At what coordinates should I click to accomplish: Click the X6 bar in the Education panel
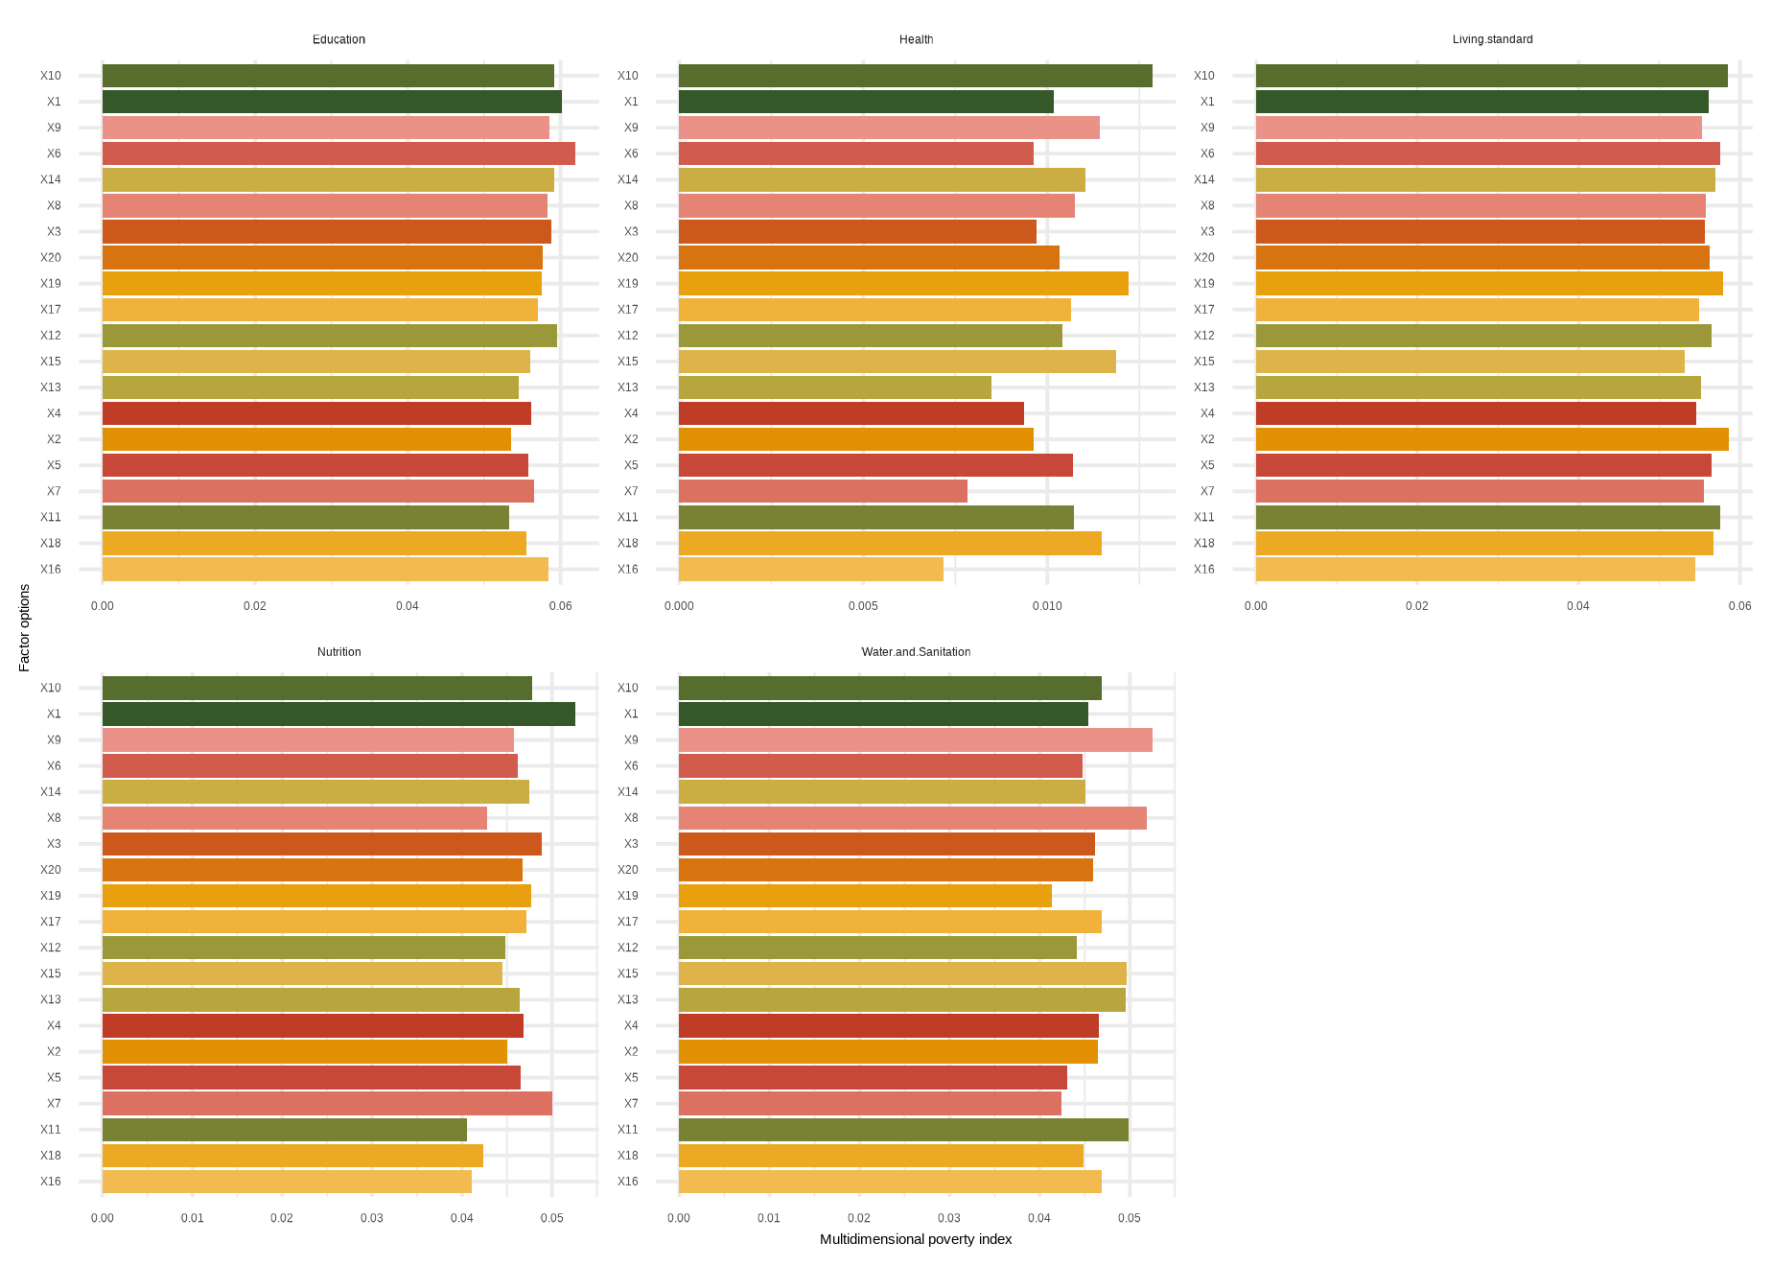(x=338, y=153)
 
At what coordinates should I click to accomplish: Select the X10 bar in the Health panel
(x=915, y=76)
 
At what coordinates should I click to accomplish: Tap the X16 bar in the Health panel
(x=810, y=570)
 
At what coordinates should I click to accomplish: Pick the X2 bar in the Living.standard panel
(x=1491, y=439)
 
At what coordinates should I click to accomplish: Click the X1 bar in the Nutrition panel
(x=338, y=715)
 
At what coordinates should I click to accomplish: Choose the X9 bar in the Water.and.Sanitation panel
(x=915, y=740)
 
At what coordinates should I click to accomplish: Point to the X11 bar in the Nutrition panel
(x=284, y=1130)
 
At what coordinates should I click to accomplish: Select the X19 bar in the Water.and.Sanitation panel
(x=865, y=896)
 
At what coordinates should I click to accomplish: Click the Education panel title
(x=338, y=39)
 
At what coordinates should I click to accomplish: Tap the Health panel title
(x=916, y=39)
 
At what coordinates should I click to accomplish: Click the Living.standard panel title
(x=1492, y=39)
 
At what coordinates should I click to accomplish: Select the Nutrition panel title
(x=338, y=652)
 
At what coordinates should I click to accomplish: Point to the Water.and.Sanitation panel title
(x=916, y=652)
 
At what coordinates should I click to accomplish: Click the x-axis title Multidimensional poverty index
(x=916, y=1239)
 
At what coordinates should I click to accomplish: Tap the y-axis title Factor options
(x=25, y=628)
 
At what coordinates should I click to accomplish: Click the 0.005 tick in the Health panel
(x=863, y=606)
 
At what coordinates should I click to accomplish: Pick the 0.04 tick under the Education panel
(x=408, y=606)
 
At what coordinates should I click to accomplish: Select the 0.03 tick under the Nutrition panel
(x=372, y=1219)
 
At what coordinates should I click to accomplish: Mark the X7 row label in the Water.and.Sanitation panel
(x=631, y=1104)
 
